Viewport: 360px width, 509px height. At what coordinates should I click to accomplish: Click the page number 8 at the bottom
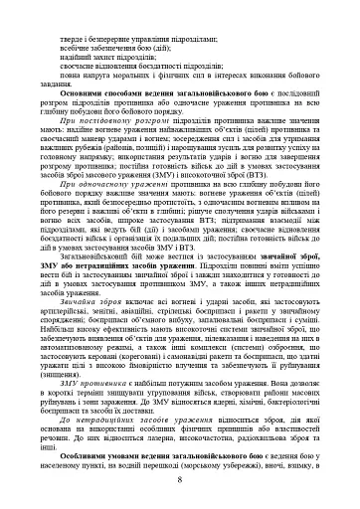click(180, 480)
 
